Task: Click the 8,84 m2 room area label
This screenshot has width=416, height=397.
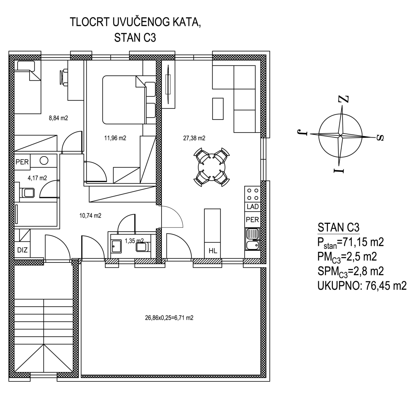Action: pos(58,118)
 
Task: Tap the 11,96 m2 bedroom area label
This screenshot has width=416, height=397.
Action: pos(115,138)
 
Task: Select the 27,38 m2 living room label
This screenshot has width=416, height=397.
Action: pos(194,138)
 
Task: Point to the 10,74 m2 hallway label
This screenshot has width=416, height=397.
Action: pos(90,216)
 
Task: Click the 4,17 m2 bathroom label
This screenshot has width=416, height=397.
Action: pos(37,178)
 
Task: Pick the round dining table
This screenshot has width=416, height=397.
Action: pos(212,167)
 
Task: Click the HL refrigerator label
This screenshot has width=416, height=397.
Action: pos(213,251)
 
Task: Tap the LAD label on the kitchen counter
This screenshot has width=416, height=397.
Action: pos(253,207)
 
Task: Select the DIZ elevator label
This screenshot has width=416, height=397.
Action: pos(22,250)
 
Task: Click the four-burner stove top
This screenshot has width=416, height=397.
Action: pos(253,194)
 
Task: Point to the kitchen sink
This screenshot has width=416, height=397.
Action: pos(253,239)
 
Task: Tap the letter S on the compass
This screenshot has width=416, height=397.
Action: pos(380,138)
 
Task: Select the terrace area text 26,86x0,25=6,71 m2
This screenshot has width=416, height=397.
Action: pos(169,318)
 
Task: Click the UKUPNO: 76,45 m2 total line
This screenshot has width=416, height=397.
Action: pos(362,286)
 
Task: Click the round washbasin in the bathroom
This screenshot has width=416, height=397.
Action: pos(44,160)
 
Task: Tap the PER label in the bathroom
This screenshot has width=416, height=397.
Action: pos(22,162)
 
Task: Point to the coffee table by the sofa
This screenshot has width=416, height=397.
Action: pos(218,109)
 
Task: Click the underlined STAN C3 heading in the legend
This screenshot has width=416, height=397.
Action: pos(339,227)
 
